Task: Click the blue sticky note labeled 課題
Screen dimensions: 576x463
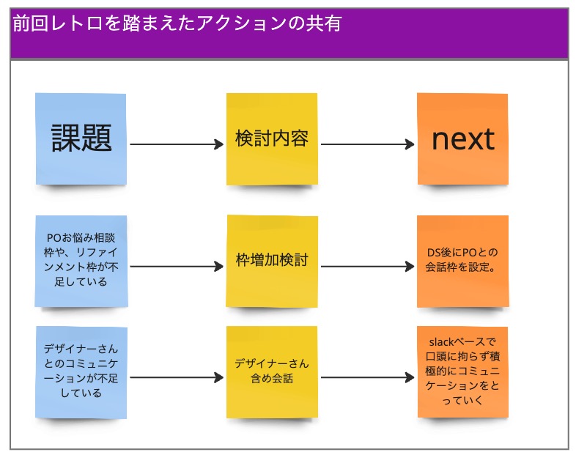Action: pyautogui.click(x=81, y=138)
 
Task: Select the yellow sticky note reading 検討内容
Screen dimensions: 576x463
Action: pyautogui.click(x=272, y=138)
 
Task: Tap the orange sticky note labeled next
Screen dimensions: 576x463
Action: pyautogui.click(x=462, y=138)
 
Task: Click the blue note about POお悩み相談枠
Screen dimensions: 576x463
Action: pyautogui.click(x=81, y=261)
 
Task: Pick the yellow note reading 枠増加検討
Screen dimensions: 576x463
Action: pyautogui.click(x=272, y=261)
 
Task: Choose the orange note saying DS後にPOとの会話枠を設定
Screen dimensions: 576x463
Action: pyautogui.click(x=463, y=261)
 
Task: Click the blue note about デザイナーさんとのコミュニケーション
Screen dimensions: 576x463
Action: pyautogui.click(x=81, y=372)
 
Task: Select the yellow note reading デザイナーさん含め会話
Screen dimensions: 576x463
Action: pyautogui.click(x=272, y=372)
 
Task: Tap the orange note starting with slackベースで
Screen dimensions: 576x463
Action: pyautogui.click(x=463, y=372)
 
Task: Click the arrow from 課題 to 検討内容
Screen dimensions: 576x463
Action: pyautogui.click(x=177, y=144)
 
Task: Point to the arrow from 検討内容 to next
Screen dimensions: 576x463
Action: pyautogui.click(x=367, y=144)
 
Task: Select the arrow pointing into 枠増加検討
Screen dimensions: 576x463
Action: pyautogui.click(x=177, y=266)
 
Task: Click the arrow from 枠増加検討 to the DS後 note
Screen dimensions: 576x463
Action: pyautogui.click(x=367, y=266)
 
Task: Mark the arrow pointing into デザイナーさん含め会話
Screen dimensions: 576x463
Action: pyautogui.click(x=177, y=377)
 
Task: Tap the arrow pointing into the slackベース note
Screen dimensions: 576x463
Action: pyautogui.click(x=367, y=377)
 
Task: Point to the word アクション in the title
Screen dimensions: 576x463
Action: pyautogui.click(x=241, y=23)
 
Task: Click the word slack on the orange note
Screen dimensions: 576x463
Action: pyautogui.click(x=441, y=342)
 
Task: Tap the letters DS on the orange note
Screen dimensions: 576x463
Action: pyautogui.click(x=434, y=253)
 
